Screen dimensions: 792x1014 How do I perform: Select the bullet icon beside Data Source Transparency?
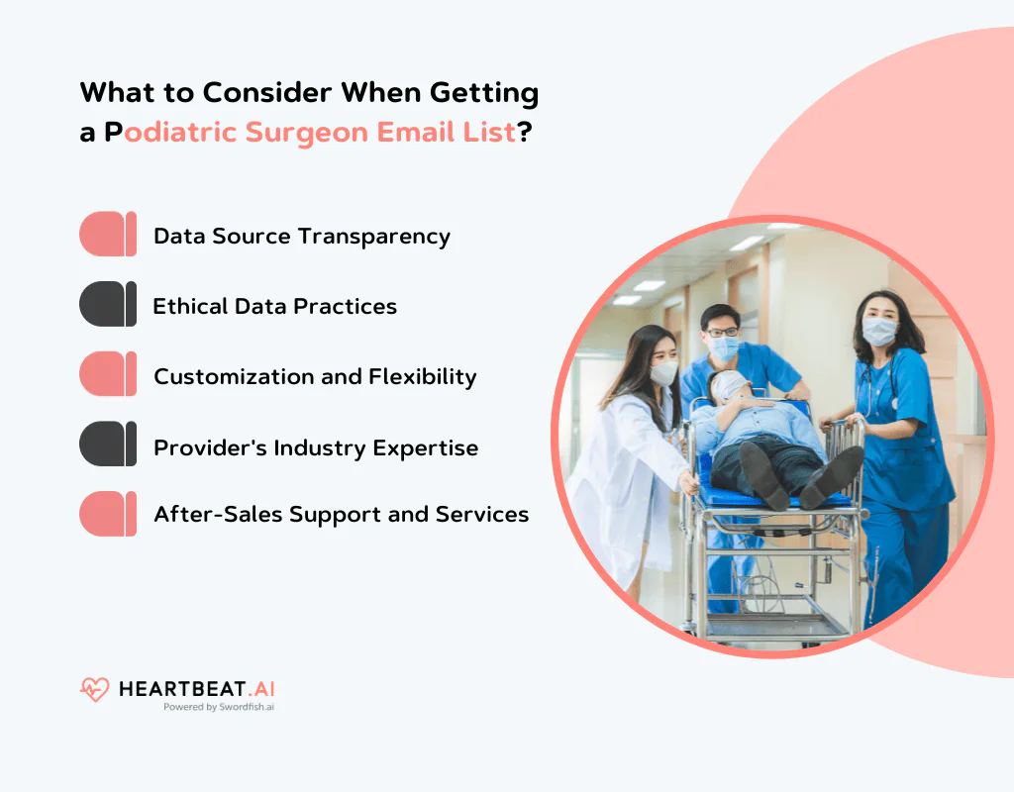click(108, 235)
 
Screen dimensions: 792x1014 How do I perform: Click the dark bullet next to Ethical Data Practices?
click(108, 304)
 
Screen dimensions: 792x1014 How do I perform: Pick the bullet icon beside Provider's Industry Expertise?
click(108, 445)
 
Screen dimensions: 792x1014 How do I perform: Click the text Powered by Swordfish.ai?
click(219, 708)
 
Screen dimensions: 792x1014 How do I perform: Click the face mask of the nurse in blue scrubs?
click(878, 332)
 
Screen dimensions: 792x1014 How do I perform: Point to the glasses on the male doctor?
click(723, 332)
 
